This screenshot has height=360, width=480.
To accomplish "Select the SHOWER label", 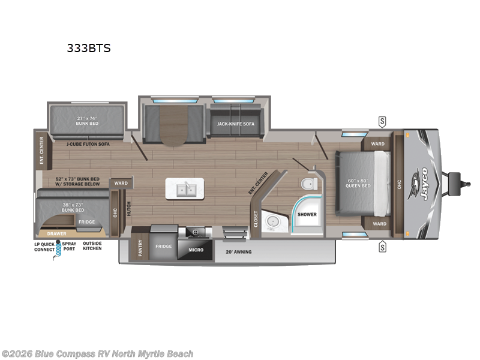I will coord(307,214).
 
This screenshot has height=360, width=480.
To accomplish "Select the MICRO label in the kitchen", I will coord(196,249).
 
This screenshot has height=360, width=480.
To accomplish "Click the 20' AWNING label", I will coord(239,252).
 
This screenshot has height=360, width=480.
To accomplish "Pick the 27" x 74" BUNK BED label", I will coord(87,121).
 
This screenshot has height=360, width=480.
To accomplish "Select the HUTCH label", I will coord(128,208).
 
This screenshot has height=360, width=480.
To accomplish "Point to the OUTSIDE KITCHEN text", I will coord(92,246).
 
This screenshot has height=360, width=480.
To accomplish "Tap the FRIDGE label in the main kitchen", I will coord(164,246).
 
